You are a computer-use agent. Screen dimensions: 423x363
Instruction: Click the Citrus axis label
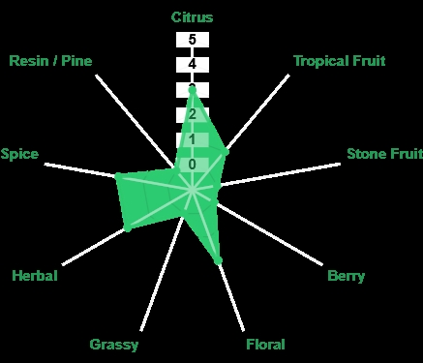(x=192, y=17)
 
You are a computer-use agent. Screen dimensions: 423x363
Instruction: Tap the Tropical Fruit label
(x=340, y=61)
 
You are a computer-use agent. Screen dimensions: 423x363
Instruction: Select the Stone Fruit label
(x=384, y=154)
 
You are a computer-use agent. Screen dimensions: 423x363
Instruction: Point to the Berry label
(x=347, y=276)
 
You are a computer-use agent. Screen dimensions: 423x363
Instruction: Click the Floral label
(x=265, y=345)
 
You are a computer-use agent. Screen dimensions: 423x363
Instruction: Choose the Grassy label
(x=114, y=345)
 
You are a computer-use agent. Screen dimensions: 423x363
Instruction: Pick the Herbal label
(x=35, y=276)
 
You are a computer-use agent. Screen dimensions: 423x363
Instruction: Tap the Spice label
(x=19, y=154)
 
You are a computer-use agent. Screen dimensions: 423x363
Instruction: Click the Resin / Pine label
(x=50, y=61)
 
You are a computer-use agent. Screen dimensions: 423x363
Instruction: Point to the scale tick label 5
(x=193, y=40)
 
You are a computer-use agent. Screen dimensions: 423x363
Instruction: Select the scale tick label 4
(x=193, y=64)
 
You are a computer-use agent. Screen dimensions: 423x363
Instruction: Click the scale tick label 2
(x=193, y=114)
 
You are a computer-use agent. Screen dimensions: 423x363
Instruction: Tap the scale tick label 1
(x=193, y=139)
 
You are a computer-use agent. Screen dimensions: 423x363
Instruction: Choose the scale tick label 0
(x=193, y=165)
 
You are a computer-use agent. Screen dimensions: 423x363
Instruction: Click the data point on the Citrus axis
(x=193, y=90)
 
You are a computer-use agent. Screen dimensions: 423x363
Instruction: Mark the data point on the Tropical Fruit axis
(x=226, y=151)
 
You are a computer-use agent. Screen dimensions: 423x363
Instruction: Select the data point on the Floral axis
(x=218, y=260)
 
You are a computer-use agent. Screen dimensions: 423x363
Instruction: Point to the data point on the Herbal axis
(x=128, y=227)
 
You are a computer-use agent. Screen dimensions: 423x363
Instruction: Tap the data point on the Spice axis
(x=118, y=176)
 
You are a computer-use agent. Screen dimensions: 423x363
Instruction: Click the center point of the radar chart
(x=193, y=190)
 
